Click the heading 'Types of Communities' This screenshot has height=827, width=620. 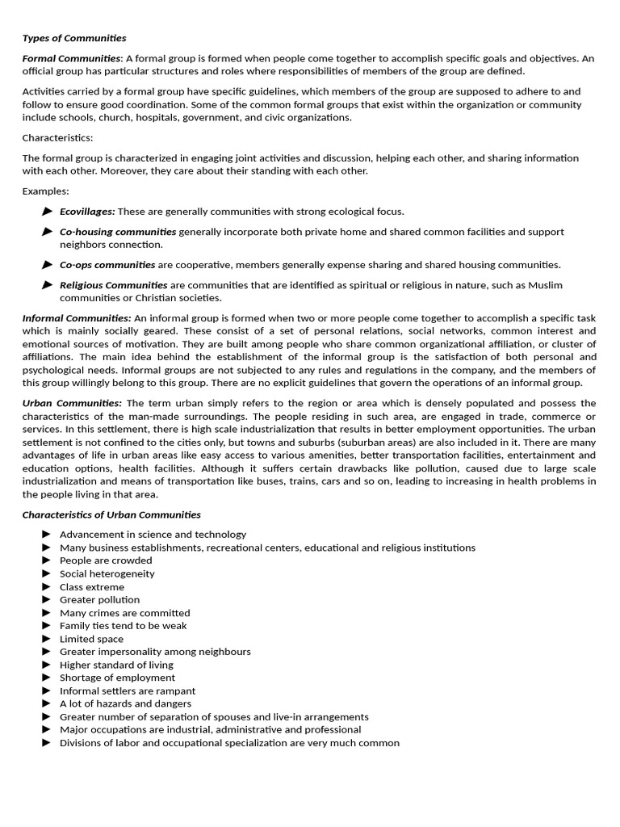click(74, 38)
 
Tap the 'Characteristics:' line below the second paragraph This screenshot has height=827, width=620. click(57, 137)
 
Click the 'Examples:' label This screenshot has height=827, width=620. click(45, 191)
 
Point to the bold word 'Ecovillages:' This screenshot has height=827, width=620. click(87, 212)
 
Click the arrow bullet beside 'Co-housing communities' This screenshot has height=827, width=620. click(48, 232)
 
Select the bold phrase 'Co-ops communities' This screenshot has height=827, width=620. click(107, 265)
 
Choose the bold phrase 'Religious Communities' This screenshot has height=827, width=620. click(114, 285)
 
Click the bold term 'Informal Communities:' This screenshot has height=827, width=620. click(77, 318)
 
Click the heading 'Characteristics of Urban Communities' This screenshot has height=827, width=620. click(111, 514)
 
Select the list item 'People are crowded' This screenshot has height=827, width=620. click(106, 560)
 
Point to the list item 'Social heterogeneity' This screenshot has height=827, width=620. click(107, 573)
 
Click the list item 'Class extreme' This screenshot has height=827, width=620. click(92, 587)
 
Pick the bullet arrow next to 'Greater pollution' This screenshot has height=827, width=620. click(47, 600)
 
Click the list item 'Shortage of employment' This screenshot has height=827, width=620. click(117, 678)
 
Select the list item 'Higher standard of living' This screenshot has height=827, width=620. click(116, 665)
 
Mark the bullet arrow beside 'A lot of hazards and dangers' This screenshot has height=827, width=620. click(47, 703)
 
